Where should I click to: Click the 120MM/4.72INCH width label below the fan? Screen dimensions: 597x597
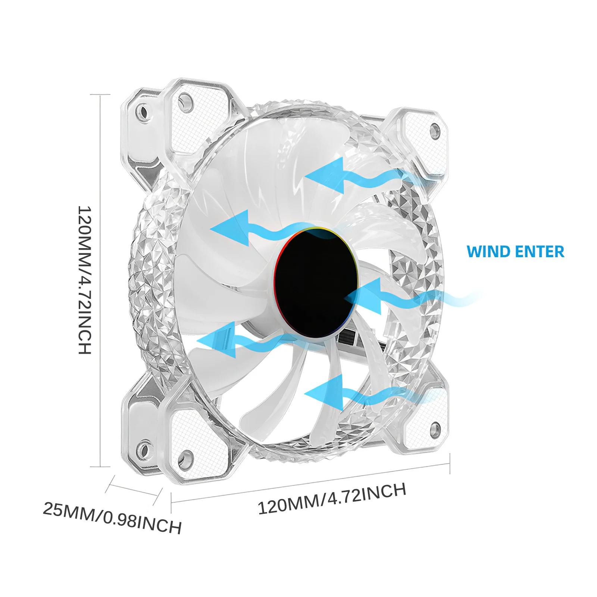tap(332, 498)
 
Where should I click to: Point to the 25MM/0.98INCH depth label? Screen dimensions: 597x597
tap(112, 518)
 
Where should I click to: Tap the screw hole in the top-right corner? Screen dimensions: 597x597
tap(434, 131)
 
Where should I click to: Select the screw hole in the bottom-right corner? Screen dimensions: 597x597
tap(434, 429)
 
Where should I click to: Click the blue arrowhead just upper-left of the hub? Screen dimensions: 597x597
tap(231, 228)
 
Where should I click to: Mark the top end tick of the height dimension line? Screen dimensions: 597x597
tap(100, 94)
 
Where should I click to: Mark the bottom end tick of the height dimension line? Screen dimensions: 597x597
tap(100, 466)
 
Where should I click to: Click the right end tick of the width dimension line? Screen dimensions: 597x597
tap(450, 463)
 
